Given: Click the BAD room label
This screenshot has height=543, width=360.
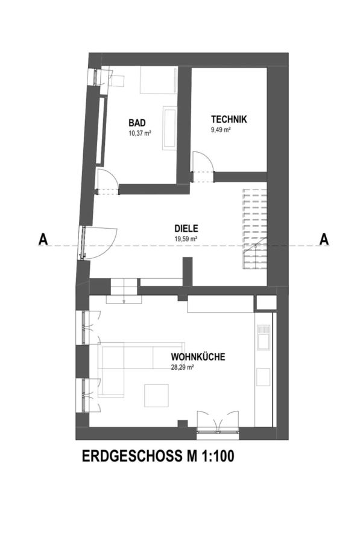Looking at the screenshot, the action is click(137, 123).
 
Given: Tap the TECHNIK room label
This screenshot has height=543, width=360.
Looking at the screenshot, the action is click(229, 119).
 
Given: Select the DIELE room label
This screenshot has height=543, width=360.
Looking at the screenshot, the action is click(186, 229).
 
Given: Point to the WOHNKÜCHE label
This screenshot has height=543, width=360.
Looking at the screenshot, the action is click(198, 357).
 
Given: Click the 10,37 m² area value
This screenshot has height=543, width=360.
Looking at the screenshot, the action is click(140, 133).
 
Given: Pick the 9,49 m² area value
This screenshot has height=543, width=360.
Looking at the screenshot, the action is click(221, 130).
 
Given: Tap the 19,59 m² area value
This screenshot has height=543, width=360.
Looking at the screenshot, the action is click(186, 238).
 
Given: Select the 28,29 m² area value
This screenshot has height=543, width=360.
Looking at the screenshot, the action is click(182, 368).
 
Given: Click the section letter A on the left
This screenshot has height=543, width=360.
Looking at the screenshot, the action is click(43, 240).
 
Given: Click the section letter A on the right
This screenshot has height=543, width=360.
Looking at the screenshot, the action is click(324, 240).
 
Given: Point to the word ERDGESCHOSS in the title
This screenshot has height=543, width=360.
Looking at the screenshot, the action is click(130, 456).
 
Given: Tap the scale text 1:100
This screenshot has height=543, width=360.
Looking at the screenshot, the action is click(216, 456).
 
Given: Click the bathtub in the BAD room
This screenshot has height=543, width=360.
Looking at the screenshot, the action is click(169, 128).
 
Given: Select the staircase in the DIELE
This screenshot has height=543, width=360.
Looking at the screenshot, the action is click(254, 229).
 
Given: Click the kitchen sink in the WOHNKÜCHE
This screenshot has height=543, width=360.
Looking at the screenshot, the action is click(263, 337).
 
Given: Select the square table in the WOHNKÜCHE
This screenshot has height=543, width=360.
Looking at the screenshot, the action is click(156, 395).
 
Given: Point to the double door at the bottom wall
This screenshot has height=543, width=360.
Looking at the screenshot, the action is click(218, 422).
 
